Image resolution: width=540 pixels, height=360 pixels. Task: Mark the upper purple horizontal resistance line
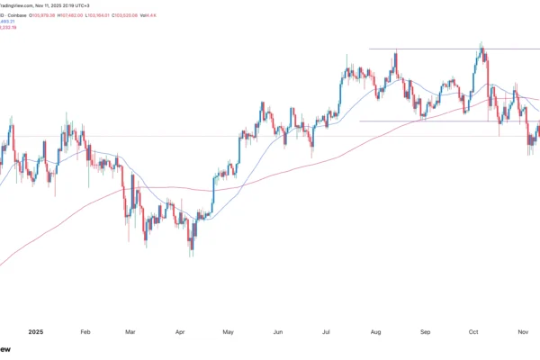[432, 48]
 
